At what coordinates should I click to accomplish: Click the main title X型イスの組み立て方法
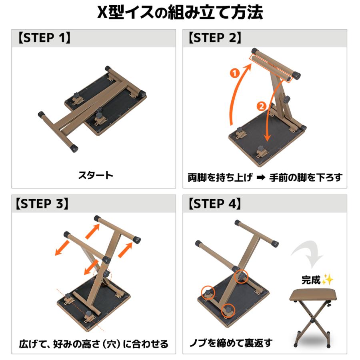pyautogui.click(x=180, y=12)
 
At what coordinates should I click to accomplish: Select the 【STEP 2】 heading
pyautogui.click(x=215, y=38)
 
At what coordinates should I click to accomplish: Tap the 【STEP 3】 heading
pyautogui.click(x=42, y=204)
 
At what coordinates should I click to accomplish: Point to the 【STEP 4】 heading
pyautogui.click(x=215, y=204)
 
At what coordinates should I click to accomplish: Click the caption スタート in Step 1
pyautogui.click(x=96, y=176)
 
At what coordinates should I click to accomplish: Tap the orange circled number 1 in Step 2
pyautogui.click(x=235, y=73)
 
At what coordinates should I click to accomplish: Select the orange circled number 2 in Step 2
pyautogui.click(x=261, y=106)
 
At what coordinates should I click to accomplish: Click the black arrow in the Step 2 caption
pyautogui.click(x=261, y=178)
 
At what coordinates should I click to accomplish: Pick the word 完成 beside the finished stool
pyautogui.click(x=311, y=280)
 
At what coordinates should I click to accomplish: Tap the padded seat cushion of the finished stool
pyautogui.click(x=314, y=296)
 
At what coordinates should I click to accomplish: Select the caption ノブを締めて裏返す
pyautogui.click(x=231, y=343)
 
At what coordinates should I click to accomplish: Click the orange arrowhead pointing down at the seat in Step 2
pyautogui.click(x=267, y=137)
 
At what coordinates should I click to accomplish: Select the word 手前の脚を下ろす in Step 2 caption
pyautogui.click(x=306, y=178)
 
